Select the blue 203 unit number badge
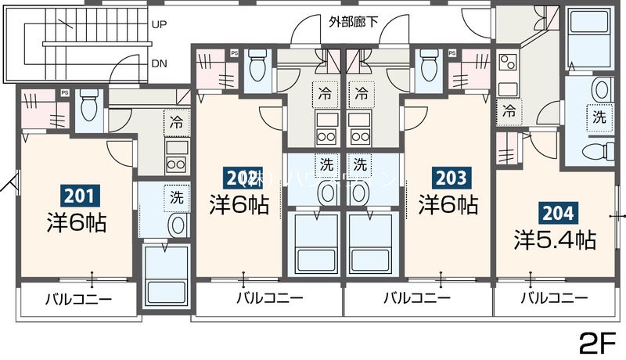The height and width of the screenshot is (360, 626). click(448, 178)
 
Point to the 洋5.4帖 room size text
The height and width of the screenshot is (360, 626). click(555, 239)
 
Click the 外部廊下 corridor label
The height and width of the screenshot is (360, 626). click(354, 21)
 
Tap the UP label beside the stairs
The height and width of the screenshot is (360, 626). click(160, 24)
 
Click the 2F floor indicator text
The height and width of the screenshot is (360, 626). click(599, 342)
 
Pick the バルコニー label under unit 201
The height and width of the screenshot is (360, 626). click(77, 298)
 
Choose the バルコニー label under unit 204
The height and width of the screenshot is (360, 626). click(554, 298)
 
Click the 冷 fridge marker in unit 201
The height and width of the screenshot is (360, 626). click(176, 122)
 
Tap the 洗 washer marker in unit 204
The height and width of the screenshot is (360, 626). click(598, 117)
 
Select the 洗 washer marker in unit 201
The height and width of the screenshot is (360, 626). click(176, 197)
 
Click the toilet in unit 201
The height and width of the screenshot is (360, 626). click(88, 106)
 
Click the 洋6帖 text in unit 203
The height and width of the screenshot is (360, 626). click(448, 205)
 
